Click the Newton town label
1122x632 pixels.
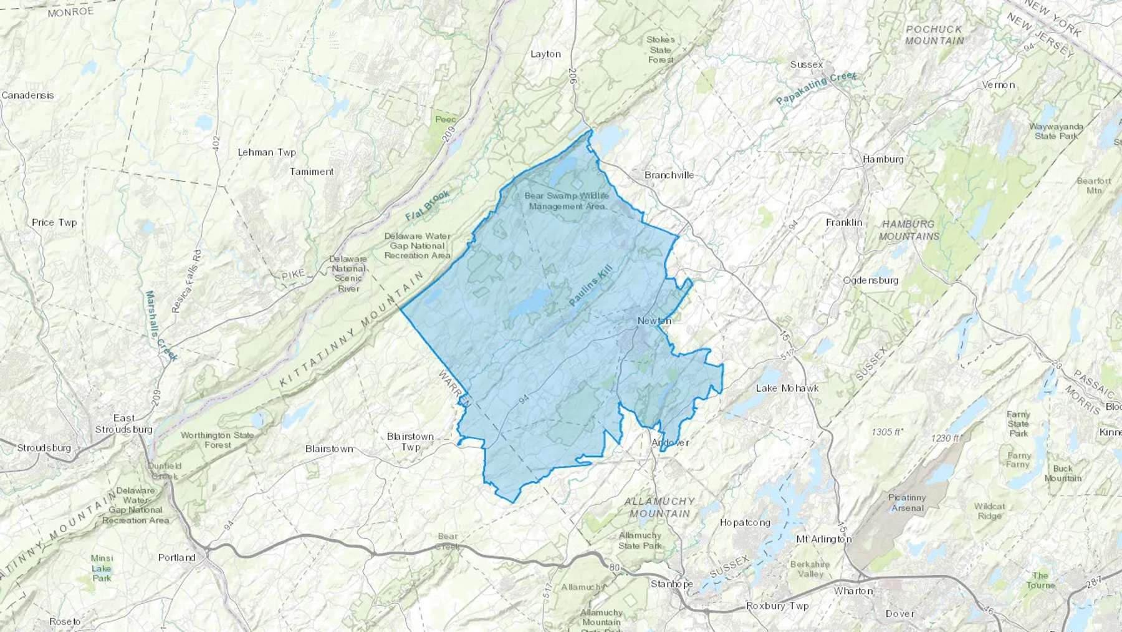tap(654, 321)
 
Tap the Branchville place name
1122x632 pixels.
tap(669, 175)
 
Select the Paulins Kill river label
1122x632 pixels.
tap(591, 285)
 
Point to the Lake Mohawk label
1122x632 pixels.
tap(787, 388)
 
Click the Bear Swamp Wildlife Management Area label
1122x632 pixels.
tap(566, 201)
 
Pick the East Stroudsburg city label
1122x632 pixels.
tap(124, 424)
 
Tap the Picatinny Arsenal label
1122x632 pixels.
tap(907, 503)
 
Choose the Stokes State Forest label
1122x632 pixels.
tap(661, 49)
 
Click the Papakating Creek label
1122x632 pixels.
tap(817, 89)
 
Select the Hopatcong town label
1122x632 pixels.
tap(745, 523)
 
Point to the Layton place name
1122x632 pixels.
tap(545, 54)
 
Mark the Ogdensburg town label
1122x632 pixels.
tap(870, 280)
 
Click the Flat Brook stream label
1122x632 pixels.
tap(428, 206)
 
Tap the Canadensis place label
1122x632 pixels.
tap(28, 95)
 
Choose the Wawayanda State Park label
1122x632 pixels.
tap(1056, 131)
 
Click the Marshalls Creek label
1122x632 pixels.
tap(161, 326)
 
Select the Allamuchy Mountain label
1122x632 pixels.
tap(659, 507)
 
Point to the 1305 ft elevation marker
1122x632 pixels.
tap(888, 432)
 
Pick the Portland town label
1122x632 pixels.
tap(176, 558)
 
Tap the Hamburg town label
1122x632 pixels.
tap(883, 159)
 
